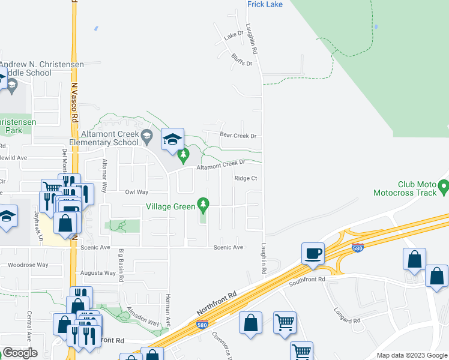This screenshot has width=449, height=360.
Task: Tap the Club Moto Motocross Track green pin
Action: [444, 187]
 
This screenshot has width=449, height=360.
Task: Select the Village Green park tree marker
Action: [203, 206]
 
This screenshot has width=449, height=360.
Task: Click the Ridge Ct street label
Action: [246, 178]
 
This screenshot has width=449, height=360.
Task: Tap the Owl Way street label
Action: [136, 192]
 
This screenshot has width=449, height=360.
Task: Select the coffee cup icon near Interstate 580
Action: [314, 253]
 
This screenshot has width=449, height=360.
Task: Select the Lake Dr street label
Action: [234, 36]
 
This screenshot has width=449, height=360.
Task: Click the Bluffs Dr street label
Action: [241, 60]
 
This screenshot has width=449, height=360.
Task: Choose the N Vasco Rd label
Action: [75, 96]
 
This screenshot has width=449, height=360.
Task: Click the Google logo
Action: [20, 353]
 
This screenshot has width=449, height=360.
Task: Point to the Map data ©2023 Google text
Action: [411, 355]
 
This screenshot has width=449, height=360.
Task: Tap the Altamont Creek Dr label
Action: [221, 163]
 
